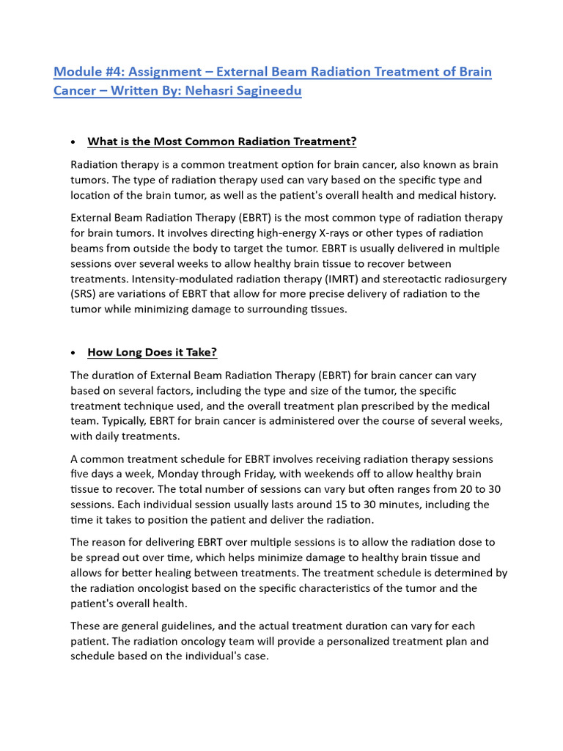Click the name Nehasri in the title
coord(220,92)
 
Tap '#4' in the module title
coord(110,72)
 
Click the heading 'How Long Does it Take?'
coord(152,352)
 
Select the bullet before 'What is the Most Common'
coord(73,142)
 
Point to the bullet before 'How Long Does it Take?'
coord(73,353)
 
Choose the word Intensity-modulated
coord(132,279)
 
